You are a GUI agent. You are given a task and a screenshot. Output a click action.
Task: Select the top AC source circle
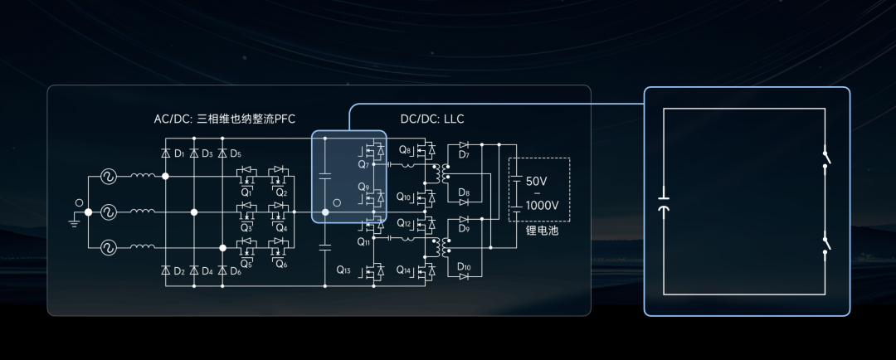click(108, 177)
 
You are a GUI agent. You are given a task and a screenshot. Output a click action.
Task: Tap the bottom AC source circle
click(108, 247)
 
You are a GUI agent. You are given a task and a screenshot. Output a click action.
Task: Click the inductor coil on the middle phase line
click(142, 212)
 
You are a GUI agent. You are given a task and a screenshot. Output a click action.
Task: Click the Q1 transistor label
click(246, 192)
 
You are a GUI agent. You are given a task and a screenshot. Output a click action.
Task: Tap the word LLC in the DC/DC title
click(453, 119)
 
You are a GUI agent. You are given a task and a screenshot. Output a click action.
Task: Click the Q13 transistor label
click(344, 270)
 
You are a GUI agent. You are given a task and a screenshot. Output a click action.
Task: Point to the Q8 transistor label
click(405, 150)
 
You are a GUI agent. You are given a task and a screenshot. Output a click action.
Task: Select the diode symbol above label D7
click(464, 145)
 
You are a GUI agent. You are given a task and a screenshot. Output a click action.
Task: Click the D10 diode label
click(464, 267)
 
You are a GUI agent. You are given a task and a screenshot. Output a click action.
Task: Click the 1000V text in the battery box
click(542, 205)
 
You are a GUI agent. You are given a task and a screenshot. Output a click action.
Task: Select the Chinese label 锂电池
click(542, 231)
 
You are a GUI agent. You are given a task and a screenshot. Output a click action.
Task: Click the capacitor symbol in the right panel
click(663, 204)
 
